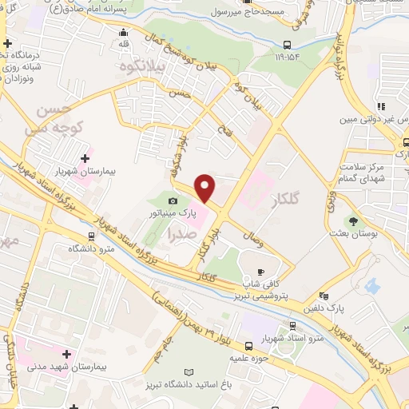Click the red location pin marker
point(206,189)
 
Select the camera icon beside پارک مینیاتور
point(172,201)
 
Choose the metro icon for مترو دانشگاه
point(92,236)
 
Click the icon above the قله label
point(123,34)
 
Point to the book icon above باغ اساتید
point(189,372)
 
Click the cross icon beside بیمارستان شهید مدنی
point(66,353)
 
